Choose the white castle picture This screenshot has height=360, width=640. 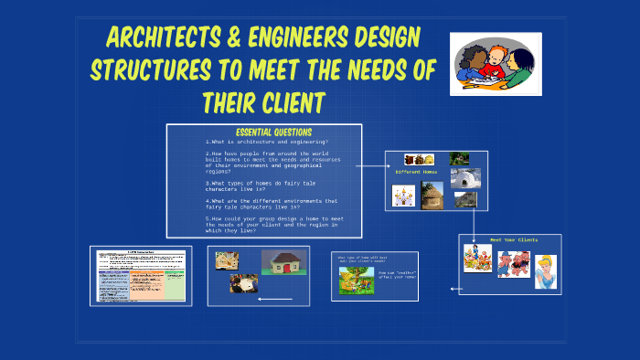403,195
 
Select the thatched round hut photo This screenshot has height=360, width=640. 432,195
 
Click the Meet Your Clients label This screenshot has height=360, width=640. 514,239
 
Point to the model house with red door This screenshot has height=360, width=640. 284,263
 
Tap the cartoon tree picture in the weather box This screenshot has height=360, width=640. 357,280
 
